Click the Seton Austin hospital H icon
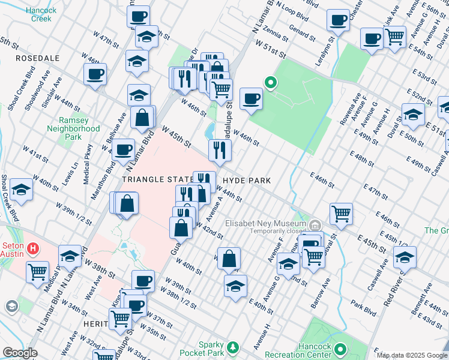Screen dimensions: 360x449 click(34, 247)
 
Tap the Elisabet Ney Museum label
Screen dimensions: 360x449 click(266, 223)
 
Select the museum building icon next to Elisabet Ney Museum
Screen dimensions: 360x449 click(315, 225)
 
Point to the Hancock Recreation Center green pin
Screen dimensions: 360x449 click(340, 349)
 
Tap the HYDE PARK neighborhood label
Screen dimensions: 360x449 click(247, 181)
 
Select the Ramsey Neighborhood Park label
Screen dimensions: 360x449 click(73, 128)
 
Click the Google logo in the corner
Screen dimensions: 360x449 click(19, 353)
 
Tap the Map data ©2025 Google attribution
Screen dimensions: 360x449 click(411, 355)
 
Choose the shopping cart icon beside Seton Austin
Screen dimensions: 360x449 click(38, 272)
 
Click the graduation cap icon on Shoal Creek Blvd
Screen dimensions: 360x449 click(22, 191)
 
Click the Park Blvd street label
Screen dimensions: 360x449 click(364, 304)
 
